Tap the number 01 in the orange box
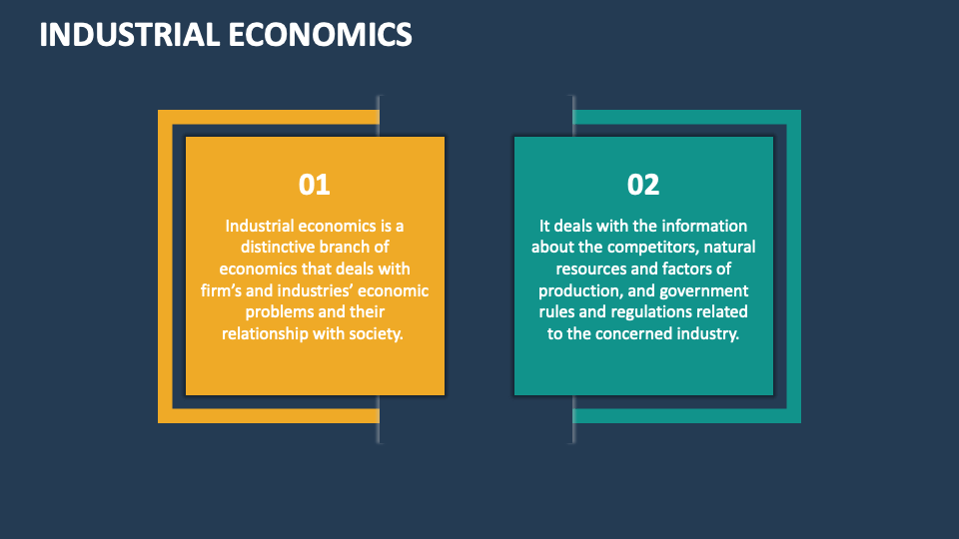pos(315,185)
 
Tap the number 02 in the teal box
pos(643,185)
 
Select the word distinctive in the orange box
pos(282,248)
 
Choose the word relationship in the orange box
pos(267,333)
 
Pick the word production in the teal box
pos(579,290)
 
